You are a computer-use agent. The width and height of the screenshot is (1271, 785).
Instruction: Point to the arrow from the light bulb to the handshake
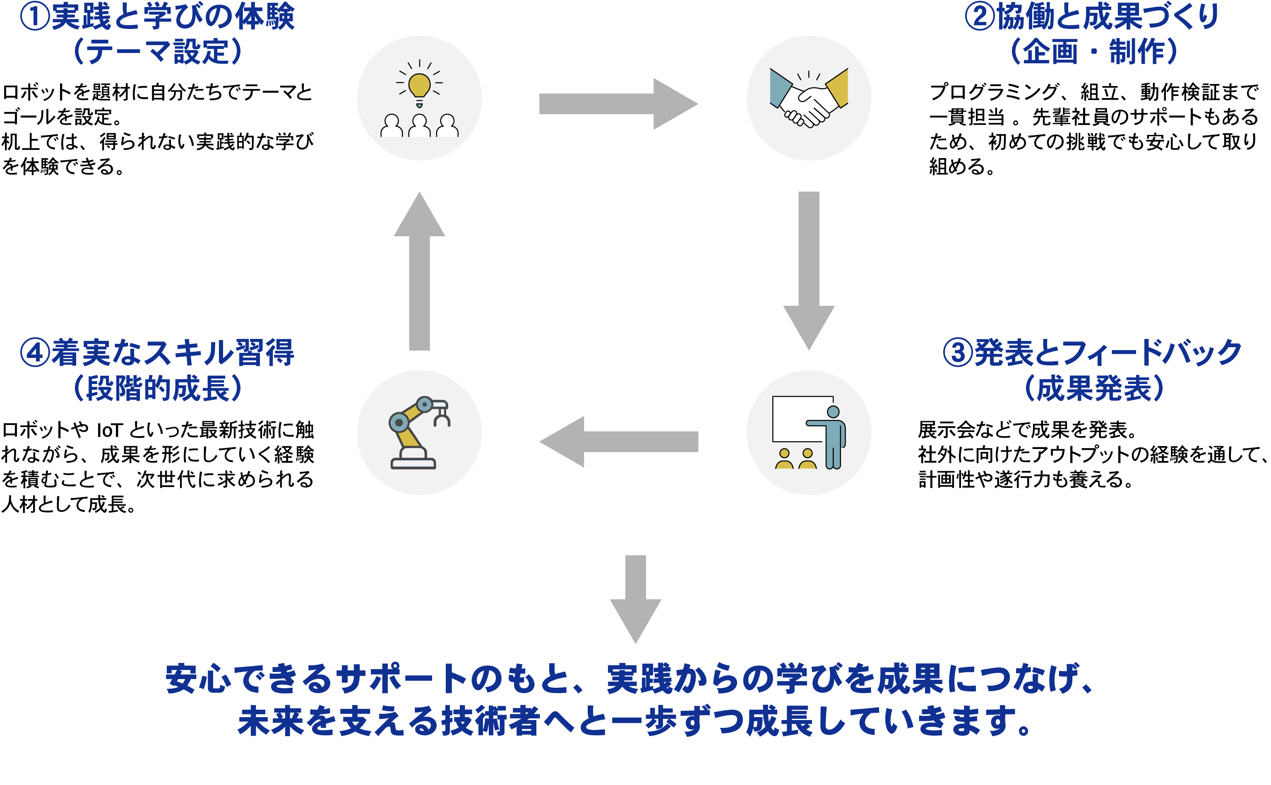point(618,104)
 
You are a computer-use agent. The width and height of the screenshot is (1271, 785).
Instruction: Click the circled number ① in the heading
point(35,17)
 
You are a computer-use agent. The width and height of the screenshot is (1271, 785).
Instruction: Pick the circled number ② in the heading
point(979,17)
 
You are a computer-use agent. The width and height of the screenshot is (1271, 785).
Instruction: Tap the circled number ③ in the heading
point(957,353)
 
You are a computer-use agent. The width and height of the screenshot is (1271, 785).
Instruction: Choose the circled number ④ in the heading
point(35,353)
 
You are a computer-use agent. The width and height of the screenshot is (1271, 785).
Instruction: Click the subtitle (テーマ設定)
point(158,52)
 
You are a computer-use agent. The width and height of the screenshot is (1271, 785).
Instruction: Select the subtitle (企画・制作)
point(1093,52)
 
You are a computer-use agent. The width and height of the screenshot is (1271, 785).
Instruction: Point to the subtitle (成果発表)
point(1093,388)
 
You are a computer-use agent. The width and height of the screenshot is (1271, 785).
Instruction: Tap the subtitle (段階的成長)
point(158,388)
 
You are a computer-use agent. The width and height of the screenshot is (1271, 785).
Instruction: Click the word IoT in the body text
point(109,430)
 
